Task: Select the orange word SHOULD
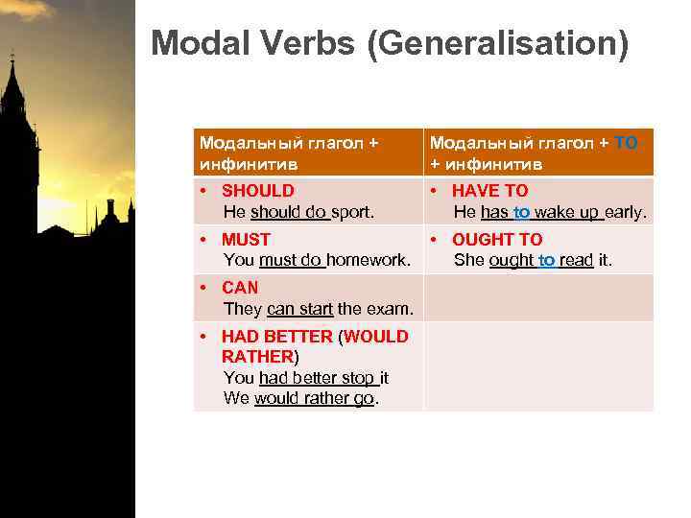pos(258,191)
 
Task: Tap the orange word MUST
pos(247,240)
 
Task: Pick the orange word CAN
pos(240,288)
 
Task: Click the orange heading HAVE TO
pos(490,191)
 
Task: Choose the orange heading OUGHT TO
pos(497,240)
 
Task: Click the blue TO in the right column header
pos(626,143)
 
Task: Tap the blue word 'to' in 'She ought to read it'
pos(546,260)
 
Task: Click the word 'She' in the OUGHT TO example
pos(469,260)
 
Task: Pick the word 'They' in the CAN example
pos(243,309)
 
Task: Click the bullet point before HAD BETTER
pos(204,337)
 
